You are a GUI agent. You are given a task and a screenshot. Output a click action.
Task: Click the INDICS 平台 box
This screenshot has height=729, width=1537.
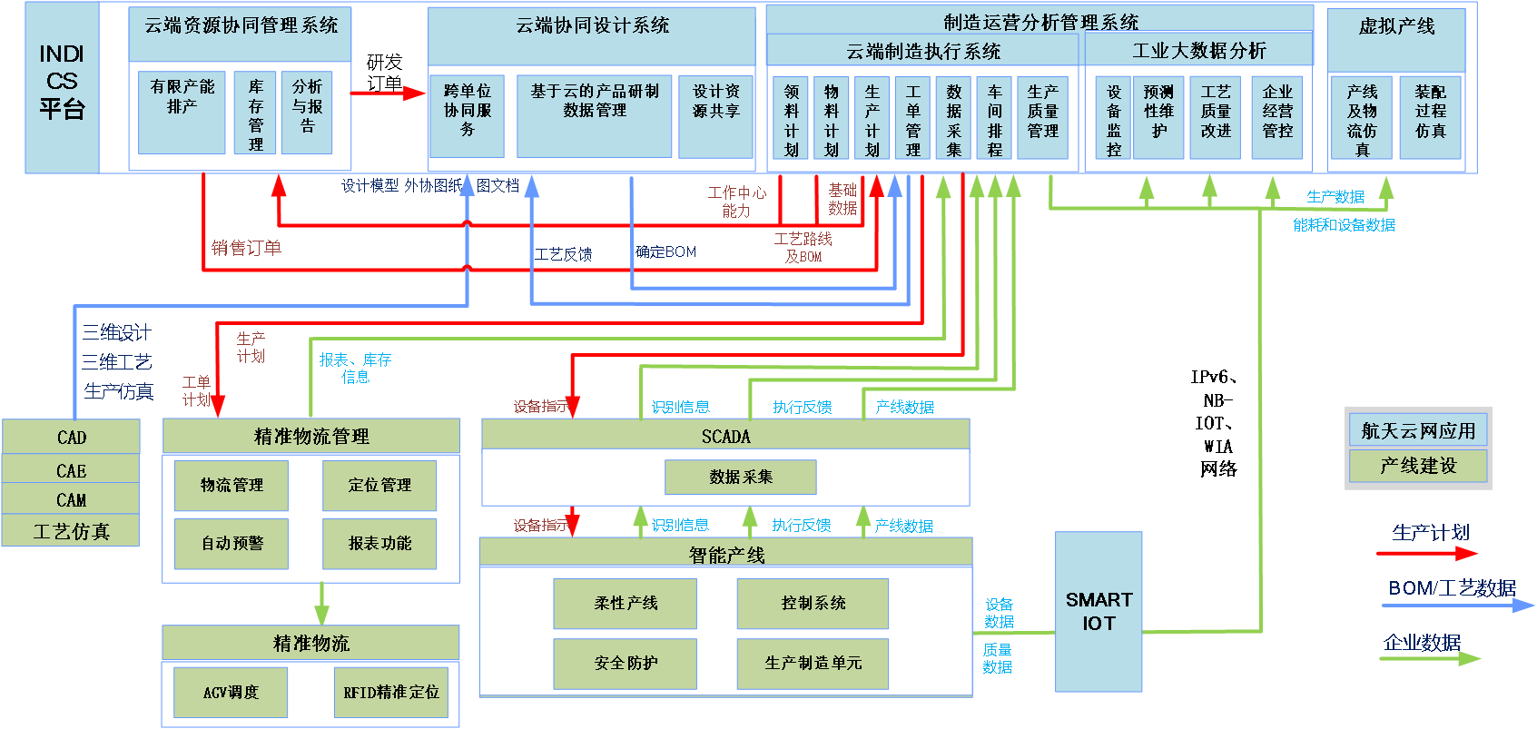[62, 87]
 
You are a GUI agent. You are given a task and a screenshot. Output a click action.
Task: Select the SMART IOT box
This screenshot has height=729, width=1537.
[1099, 612]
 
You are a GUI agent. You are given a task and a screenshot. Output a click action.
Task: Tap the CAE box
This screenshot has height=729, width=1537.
[71, 470]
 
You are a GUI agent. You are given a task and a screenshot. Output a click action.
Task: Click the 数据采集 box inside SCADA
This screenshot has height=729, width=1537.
[741, 477]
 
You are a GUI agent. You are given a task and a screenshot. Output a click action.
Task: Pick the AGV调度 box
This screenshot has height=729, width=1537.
[231, 692]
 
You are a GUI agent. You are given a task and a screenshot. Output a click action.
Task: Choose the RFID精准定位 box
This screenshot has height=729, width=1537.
[391, 692]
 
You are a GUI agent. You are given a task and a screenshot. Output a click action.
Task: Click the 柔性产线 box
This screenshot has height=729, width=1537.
[626, 603]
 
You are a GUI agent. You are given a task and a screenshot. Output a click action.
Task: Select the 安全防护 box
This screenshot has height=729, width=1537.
[626, 663]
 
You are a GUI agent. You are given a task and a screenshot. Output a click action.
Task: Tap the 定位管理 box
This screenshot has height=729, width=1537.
[379, 485]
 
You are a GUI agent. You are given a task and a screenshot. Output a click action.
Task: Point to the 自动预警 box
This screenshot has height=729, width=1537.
[232, 543]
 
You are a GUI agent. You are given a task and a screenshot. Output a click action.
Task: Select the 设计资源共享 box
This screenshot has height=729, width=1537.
[715, 116]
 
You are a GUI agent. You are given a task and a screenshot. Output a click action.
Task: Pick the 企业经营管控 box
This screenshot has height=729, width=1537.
[1276, 117]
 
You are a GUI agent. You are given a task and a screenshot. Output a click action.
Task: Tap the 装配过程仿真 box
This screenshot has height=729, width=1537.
[1430, 117]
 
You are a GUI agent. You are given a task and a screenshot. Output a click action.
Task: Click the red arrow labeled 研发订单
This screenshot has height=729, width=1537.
[388, 93]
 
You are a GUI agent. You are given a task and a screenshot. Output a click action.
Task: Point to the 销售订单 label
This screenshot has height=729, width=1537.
[246, 248]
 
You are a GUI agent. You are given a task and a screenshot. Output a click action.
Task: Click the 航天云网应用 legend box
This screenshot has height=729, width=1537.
[1418, 430]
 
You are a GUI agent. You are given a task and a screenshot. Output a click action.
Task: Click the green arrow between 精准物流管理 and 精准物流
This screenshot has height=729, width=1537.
[321, 604]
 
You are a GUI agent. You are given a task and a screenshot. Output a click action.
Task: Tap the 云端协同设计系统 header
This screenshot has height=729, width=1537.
[592, 25]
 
